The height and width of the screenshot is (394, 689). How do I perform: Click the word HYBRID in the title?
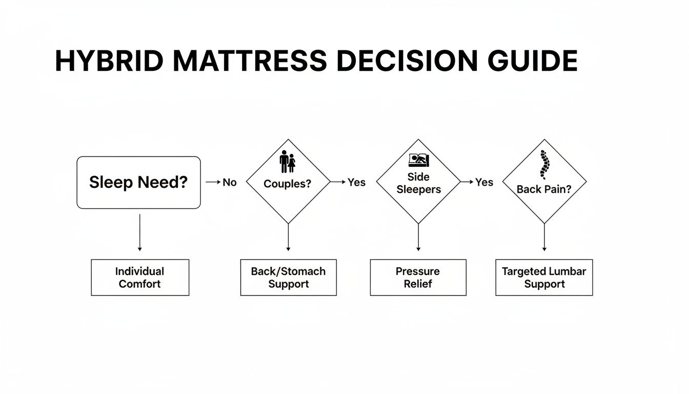pyautogui.click(x=109, y=61)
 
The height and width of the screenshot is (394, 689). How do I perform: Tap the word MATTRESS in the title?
pyautogui.click(x=250, y=61)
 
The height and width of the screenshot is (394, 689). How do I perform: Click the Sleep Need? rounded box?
pyautogui.click(x=138, y=183)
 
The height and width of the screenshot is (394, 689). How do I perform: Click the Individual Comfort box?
pyautogui.click(x=140, y=278)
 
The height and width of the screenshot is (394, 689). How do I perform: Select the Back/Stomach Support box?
pyautogui.click(x=288, y=278)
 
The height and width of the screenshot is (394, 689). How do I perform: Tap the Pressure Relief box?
pyautogui.click(x=418, y=278)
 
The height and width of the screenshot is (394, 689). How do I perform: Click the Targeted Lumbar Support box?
pyautogui.click(x=544, y=278)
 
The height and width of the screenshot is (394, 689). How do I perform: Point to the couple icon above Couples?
pyautogui.click(x=288, y=162)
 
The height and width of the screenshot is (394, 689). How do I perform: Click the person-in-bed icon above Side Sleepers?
pyautogui.click(x=419, y=160)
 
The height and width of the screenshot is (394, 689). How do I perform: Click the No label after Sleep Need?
pyautogui.click(x=229, y=182)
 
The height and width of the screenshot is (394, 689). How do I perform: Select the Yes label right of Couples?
pyautogui.click(x=356, y=182)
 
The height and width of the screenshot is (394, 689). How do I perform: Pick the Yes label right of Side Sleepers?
pyautogui.click(x=484, y=182)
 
